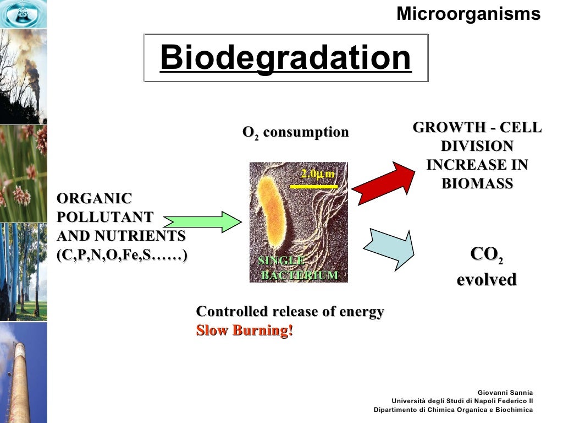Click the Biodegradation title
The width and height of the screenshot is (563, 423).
[x=285, y=58]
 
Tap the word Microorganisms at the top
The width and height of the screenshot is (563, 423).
[x=468, y=14]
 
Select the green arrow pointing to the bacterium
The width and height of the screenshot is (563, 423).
[x=203, y=221]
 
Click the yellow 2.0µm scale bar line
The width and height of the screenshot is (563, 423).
[x=313, y=187]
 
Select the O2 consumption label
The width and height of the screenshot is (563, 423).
[x=296, y=133]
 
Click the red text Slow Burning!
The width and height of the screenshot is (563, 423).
[x=245, y=331]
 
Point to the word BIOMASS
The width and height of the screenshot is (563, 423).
[x=477, y=184]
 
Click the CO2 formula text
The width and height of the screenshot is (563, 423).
[x=487, y=255]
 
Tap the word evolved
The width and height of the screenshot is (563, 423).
[x=487, y=280]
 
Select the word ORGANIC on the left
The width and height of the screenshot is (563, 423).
[x=95, y=199]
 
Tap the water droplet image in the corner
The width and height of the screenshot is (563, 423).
[x=23, y=14]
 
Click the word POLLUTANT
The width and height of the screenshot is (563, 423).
[x=105, y=218]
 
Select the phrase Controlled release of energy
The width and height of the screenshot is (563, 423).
[x=290, y=312]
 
